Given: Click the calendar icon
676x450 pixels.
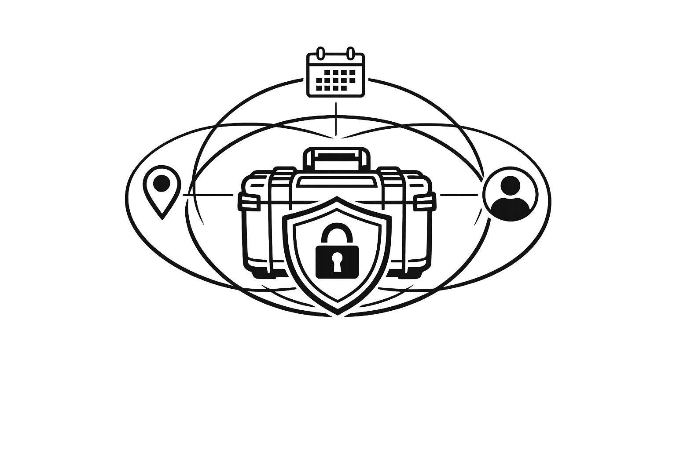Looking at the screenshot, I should pos(335,74).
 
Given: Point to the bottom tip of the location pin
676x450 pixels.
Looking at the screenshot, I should pos(162,217).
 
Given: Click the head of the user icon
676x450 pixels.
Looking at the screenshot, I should pos(511,185).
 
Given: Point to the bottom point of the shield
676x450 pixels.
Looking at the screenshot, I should pos(337,313).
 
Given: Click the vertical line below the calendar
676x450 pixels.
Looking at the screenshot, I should pos(337,119).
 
